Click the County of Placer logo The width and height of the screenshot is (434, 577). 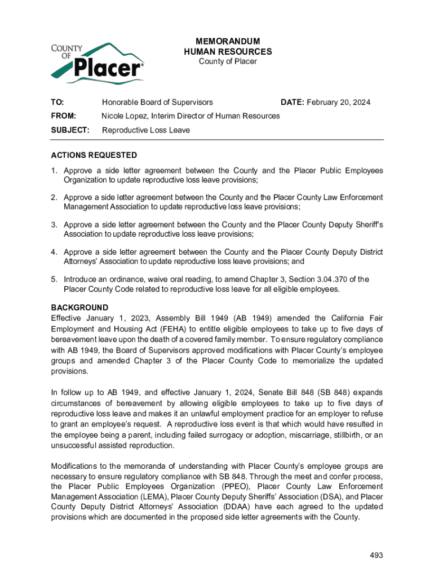(97, 60)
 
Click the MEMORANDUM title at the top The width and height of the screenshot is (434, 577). (228, 42)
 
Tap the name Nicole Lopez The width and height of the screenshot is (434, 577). (125, 116)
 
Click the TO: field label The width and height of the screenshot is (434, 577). (57, 102)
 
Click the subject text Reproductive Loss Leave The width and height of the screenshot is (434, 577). (145, 130)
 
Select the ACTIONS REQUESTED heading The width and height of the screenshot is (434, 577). (94, 155)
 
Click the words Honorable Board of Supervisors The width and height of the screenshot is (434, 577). (157, 102)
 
